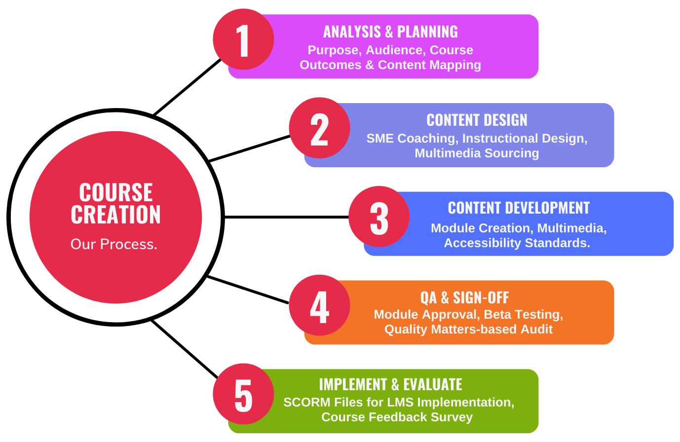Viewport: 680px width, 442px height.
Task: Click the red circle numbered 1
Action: pos(243,39)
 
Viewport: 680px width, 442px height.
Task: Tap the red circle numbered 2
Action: pos(319,128)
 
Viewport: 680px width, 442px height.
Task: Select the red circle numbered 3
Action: pos(379,217)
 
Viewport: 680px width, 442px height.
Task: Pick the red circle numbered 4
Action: pos(319,305)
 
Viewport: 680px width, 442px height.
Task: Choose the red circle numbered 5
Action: pos(243,394)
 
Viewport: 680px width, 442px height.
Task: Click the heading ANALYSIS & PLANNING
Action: pos(390,32)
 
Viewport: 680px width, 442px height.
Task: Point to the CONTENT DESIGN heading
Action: pos(477,120)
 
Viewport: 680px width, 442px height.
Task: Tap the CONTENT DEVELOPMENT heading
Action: pos(519,208)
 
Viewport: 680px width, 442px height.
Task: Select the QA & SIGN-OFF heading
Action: pos(464,298)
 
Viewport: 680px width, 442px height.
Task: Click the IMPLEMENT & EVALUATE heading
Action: pos(391,385)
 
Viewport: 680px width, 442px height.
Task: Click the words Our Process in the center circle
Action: pos(114,244)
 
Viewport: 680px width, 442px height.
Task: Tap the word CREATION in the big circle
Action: pos(115,214)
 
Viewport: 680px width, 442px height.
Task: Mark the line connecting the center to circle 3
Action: pos(287,217)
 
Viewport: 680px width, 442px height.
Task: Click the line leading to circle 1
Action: pos(188,87)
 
